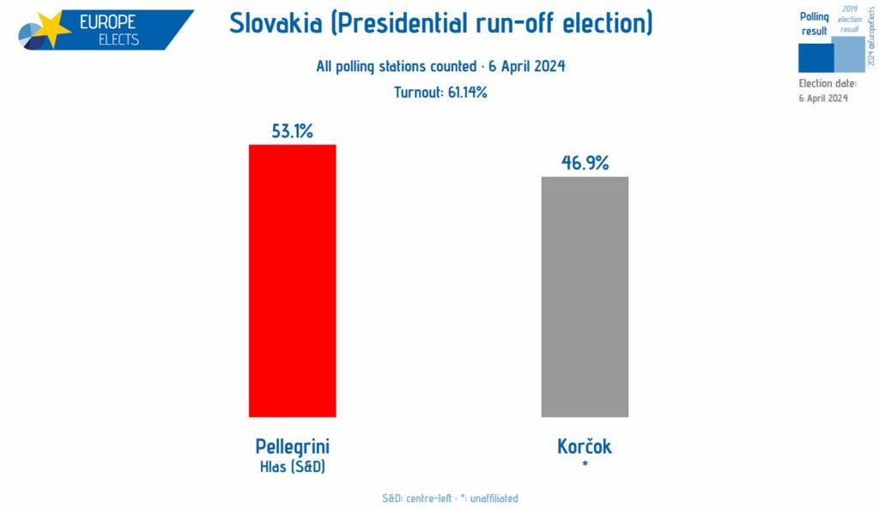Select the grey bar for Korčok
(x=585, y=297)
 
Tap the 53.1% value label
(x=292, y=131)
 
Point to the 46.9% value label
(x=585, y=163)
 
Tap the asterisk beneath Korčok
(x=585, y=466)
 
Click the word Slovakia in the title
(x=279, y=23)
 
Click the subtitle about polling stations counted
(x=440, y=67)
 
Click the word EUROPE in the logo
(x=109, y=22)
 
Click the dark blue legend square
(x=815, y=57)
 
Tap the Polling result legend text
(x=814, y=23)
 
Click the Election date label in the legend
(x=827, y=83)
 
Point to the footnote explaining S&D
(x=450, y=498)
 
